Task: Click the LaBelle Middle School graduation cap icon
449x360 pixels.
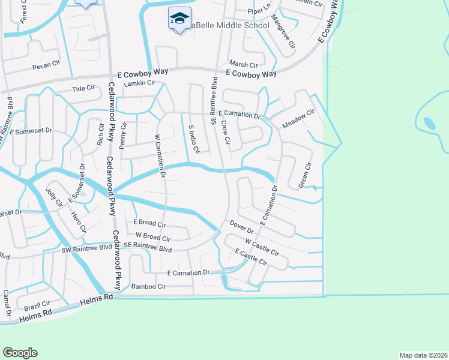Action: pyautogui.click(x=179, y=19)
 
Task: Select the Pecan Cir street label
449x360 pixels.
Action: pyautogui.click(x=47, y=63)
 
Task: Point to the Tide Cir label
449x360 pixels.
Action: pyautogui.click(x=83, y=88)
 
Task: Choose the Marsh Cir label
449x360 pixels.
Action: pyautogui.click(x=244, y=64)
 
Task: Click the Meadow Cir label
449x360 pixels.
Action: pyautogui.click(x=298, y=118)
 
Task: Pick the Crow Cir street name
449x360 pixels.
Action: pyautogui.click(x=226, y=133)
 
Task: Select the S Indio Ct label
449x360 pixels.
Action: pyautogui.click(x=192, y=139)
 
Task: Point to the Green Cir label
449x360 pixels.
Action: pyautogui.click(x=306, y=174)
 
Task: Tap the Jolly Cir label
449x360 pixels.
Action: pyautogui.click(x=54, y=197)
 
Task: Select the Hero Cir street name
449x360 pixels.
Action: pyautogui.click(x=79, y=222)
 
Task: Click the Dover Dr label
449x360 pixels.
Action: pyautogui.click(x=243, y=226)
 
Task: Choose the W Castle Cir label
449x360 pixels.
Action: pyautogui.click(x=262, y=246)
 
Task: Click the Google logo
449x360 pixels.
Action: pyautogui.click(x=20, y=353)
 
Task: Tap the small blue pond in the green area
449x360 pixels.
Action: pyautogui.click(x=429, y=123)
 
